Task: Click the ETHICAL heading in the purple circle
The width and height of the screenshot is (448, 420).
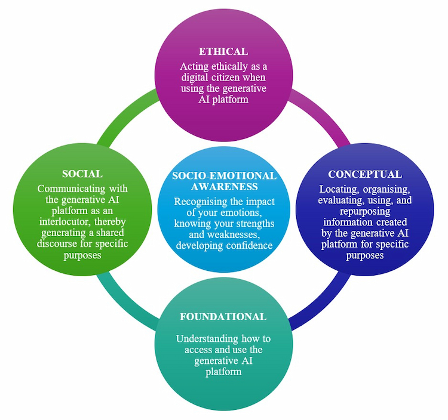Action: point(223,51)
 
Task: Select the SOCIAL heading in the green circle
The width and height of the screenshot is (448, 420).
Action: point(82,174)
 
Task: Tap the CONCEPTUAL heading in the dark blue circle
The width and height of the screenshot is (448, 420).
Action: point(364,174)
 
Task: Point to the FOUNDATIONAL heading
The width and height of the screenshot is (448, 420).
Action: point(223,317)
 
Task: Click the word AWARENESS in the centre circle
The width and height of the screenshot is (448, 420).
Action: point(224,187)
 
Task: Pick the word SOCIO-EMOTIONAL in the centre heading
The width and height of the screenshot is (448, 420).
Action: point(224,176)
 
